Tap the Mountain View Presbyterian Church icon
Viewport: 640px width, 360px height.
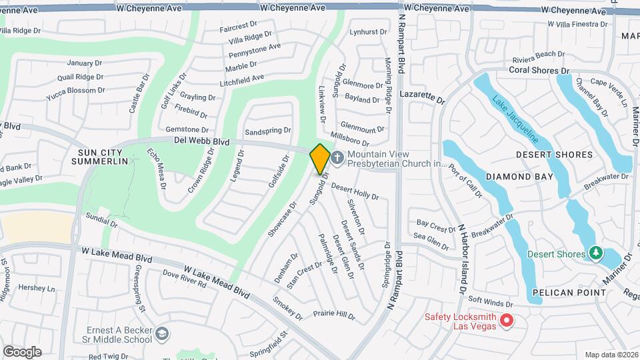[337, 158]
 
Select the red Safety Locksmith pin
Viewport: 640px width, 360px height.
[506, 321]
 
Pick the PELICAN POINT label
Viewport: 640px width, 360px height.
[569, 293]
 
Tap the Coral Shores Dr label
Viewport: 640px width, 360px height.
[539, 70]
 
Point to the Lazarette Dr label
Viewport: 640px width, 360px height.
[421, 98]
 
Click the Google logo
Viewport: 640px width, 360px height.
[22, 351]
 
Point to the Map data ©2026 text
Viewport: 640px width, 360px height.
[611, 355]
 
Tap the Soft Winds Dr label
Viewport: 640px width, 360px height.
[490, 301]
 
